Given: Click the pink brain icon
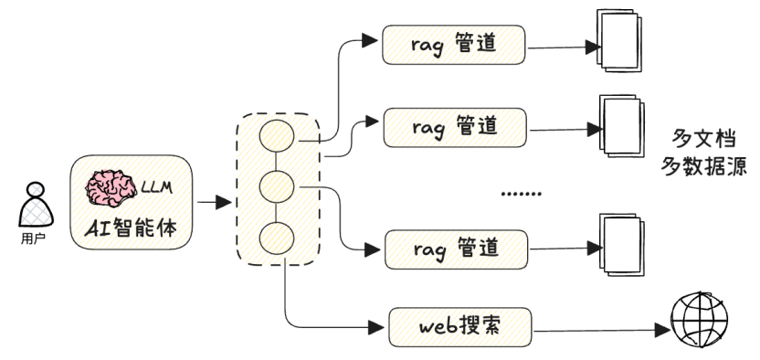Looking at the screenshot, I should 111,188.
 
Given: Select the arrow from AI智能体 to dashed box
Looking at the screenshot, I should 212,201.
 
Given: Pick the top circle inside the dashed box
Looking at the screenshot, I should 276,137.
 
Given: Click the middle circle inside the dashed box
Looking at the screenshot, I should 276,187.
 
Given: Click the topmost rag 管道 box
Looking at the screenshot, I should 455,44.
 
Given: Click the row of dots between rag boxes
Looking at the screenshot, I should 522,194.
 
